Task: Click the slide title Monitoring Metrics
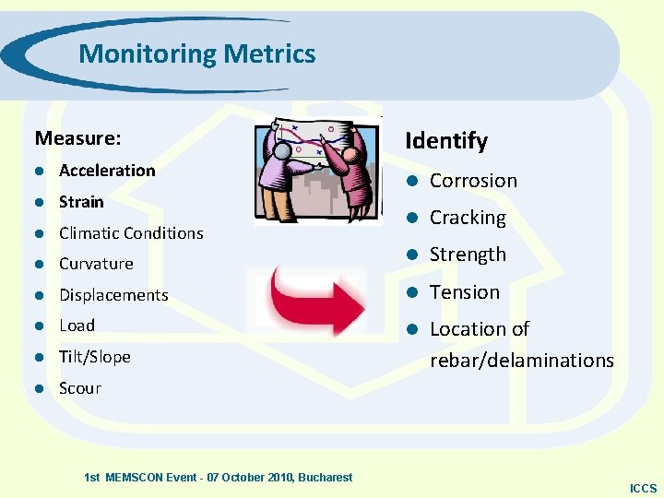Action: tap(196, 53)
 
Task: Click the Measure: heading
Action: tap(77, 138)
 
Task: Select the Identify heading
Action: tap(445, 140)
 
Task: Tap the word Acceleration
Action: tap(107, 171)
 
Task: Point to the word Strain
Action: tap(81, 201)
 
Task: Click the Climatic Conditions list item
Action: tap(131, 233)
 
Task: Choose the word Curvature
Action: tap(96, 264)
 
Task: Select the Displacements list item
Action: tap(113, 295)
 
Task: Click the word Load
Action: tap(77, 326)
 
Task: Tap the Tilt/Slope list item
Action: tap(95, 357)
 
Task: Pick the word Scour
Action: tap(80, 388)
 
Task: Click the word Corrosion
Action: tap(473, 181)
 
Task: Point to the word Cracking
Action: tap(468, 219)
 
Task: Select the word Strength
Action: tap(468, 255)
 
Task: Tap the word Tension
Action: tap(464, 292)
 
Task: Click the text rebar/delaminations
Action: tap(522, 361)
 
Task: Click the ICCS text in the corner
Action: tap(643, 488)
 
